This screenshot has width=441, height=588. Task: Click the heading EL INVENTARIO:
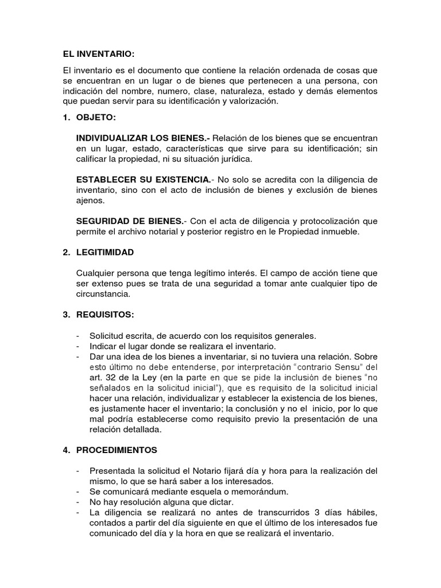[x=98, y=54]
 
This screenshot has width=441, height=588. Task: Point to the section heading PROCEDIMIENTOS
[x=117, y=449]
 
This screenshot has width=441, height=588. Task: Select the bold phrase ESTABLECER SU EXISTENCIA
[x=143, y=180]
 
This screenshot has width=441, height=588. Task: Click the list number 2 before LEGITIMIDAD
[x=65, y=252]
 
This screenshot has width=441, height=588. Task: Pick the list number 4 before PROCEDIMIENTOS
[x=65, y=449]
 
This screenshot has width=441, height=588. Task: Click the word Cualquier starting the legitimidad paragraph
[x=95, y=273]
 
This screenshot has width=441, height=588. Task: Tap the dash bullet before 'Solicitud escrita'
[x=78, y=335]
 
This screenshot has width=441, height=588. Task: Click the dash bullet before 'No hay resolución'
[x=78, y=502]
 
